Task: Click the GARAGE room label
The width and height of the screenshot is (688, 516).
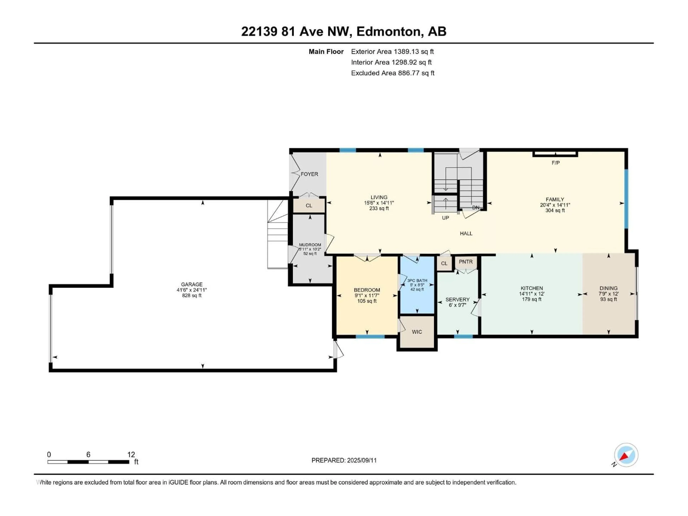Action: (192, 284)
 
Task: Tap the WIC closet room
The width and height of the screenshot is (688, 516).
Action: (417, 332)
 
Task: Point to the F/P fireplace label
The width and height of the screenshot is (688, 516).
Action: (555, 163)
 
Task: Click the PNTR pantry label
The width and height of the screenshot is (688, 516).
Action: (466, 262)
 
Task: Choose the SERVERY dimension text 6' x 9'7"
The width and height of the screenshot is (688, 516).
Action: (457, 305)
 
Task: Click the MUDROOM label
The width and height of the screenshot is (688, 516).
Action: (310, 245)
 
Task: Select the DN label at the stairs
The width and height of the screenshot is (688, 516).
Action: (476, 207)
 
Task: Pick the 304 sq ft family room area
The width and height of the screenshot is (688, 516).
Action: (555, 211)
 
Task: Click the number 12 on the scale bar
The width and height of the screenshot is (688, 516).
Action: (131, 454)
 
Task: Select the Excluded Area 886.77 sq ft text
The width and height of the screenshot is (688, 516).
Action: (393, 73)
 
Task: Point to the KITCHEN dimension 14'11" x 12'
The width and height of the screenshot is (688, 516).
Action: (532, 294)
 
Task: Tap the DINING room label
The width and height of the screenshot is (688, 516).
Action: (608, 288)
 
